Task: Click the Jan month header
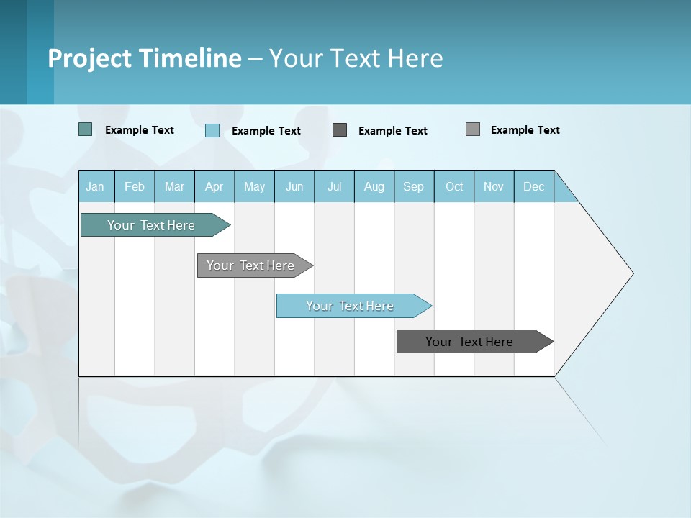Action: pyautogui.click(x=96, y=186)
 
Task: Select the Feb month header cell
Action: pyautogui.click(x=135, y=186)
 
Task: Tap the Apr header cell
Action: pyautogui.click(x=214, y=186)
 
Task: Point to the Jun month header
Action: pyautogui.click(x=294, y=186)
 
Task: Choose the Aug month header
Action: pyautogui.click(x=374, y=186)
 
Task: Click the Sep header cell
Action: pyautogui.click(x=414, y=186)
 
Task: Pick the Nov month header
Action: pyautogui.click(x=494, y=186)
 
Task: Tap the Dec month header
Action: pyautogui.click(x=534, y=186)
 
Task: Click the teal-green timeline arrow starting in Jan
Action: pyautogui.click(x=151, y=225)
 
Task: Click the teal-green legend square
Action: pyautogui.click(x=86, y=129)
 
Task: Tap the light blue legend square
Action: pyautogui.click(x=212, y=130)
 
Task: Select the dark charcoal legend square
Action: pyautogui.click(x=340, y=129)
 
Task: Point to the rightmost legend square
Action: pyautogui.click(x=473, y=129)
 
